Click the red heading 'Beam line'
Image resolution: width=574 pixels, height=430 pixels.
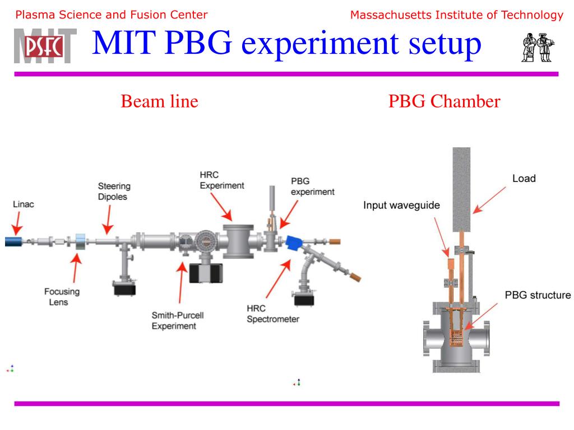pos(160,101)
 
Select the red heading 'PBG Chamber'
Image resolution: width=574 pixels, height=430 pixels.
pos(444,101)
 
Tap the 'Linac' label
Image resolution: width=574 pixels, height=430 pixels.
pos(24,204)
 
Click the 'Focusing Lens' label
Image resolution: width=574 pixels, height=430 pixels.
pos(62,296)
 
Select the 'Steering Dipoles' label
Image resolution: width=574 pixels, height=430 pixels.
pos(114,191)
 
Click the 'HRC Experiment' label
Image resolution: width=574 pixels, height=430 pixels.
pos(222,180)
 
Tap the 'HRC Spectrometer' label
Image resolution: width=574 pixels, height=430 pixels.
pos(272,314)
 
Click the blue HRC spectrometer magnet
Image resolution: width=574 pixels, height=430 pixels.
pos(294,244)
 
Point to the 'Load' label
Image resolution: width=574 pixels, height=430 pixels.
pos(524,179)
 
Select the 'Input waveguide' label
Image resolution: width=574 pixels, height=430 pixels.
pos(401,205)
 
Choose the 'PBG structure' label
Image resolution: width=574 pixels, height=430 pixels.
pos(538,295)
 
